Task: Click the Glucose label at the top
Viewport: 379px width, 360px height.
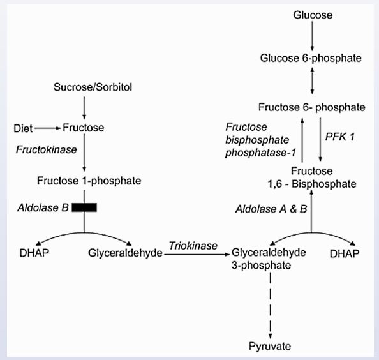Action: pos(311,14)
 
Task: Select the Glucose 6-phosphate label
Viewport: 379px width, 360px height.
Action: pos(311,58)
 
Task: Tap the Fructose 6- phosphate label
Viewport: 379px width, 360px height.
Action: pos(311,106)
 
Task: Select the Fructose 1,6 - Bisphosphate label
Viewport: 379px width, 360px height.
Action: pos(311,177)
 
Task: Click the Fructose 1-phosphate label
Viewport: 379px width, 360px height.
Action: pos(85,181)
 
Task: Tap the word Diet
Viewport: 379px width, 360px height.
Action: pos(23,128)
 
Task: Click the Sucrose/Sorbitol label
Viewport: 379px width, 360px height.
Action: pos(85,86)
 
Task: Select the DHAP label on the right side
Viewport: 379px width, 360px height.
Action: pos(346,253)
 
